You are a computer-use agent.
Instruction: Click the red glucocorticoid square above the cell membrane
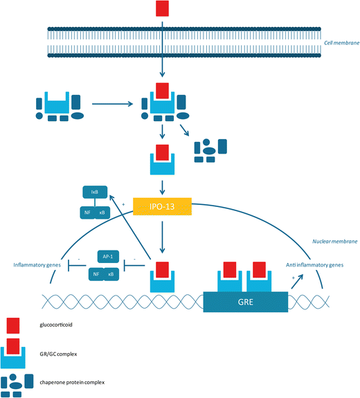click(162, 9)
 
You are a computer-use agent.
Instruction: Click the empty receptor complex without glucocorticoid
click(58, 107)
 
